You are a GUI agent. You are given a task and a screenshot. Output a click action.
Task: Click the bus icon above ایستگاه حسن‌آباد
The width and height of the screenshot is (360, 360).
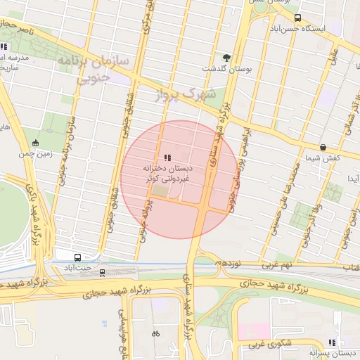(x=297, y=18)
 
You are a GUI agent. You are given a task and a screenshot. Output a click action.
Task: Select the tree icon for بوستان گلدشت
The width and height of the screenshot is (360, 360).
(x=226, y=58)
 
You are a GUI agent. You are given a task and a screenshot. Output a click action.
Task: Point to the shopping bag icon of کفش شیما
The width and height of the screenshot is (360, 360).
(x=323, y=148)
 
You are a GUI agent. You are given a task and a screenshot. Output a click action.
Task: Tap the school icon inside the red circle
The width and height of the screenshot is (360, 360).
(x=167, y=157)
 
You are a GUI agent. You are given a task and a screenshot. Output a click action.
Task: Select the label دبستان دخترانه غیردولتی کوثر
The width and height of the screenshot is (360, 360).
(x=167, y=174)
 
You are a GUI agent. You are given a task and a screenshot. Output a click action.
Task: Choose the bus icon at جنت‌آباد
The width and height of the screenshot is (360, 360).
(x=77, y=257)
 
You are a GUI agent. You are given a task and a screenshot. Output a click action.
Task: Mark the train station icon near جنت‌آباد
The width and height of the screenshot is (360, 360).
(x=103, y=272)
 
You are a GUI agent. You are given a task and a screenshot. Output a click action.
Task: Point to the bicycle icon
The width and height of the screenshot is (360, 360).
(x=155, y=333)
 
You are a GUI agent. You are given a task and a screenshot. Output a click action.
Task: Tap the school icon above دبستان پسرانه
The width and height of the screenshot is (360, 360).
(x=332, y=342)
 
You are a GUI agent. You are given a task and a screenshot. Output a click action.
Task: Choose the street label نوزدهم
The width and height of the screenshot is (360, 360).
(x=231, y=262)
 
